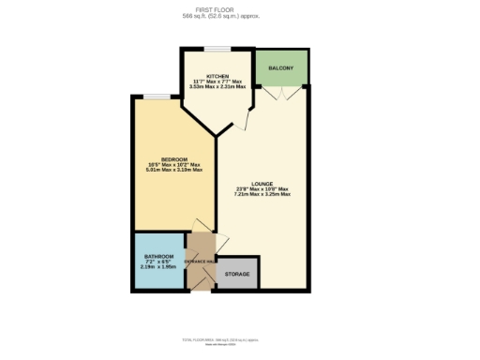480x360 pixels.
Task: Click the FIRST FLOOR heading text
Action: coord(240,10)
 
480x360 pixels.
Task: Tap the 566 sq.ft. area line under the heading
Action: coord(240,17)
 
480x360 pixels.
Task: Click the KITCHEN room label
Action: coord(217,76)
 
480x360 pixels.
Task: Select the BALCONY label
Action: coord(281,68)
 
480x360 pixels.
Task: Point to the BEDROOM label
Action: coord(174,159)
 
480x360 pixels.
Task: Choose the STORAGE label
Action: coord(238,273)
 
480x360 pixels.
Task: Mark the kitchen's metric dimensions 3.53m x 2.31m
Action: coord(217,87)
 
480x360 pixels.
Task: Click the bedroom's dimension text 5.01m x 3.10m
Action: coord(174,170)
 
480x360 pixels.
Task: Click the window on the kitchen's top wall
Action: coord(217,48)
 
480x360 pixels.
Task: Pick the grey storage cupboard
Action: coord(238,272)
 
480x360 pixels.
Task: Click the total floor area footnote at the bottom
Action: coord(240,339)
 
